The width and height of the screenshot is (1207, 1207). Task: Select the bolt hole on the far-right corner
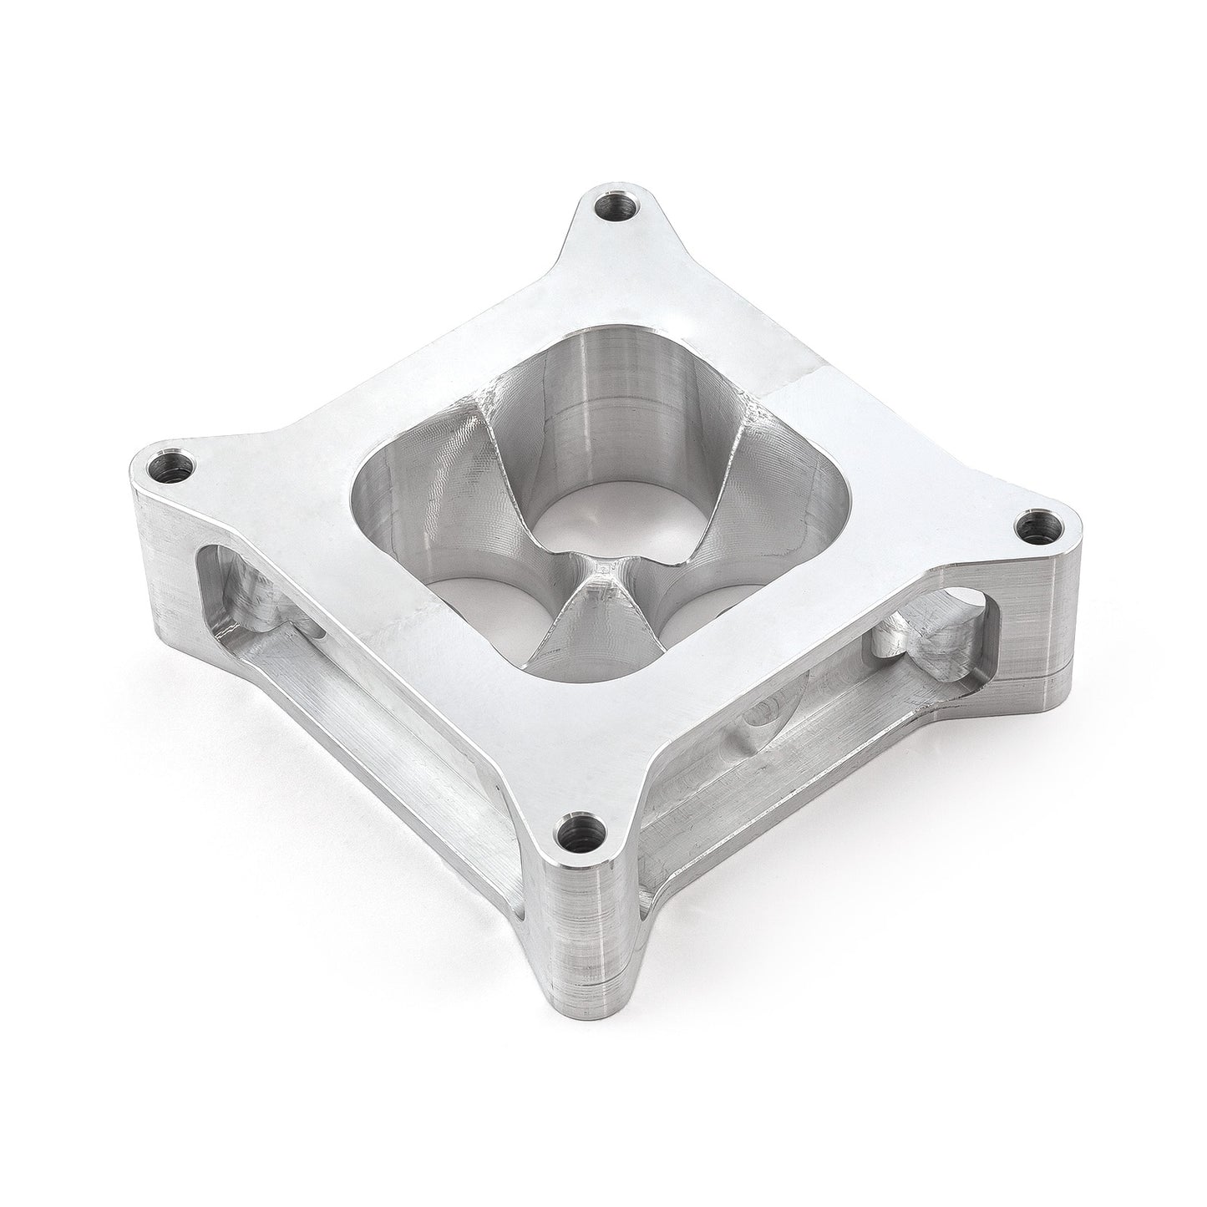(x=1038, y=528)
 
